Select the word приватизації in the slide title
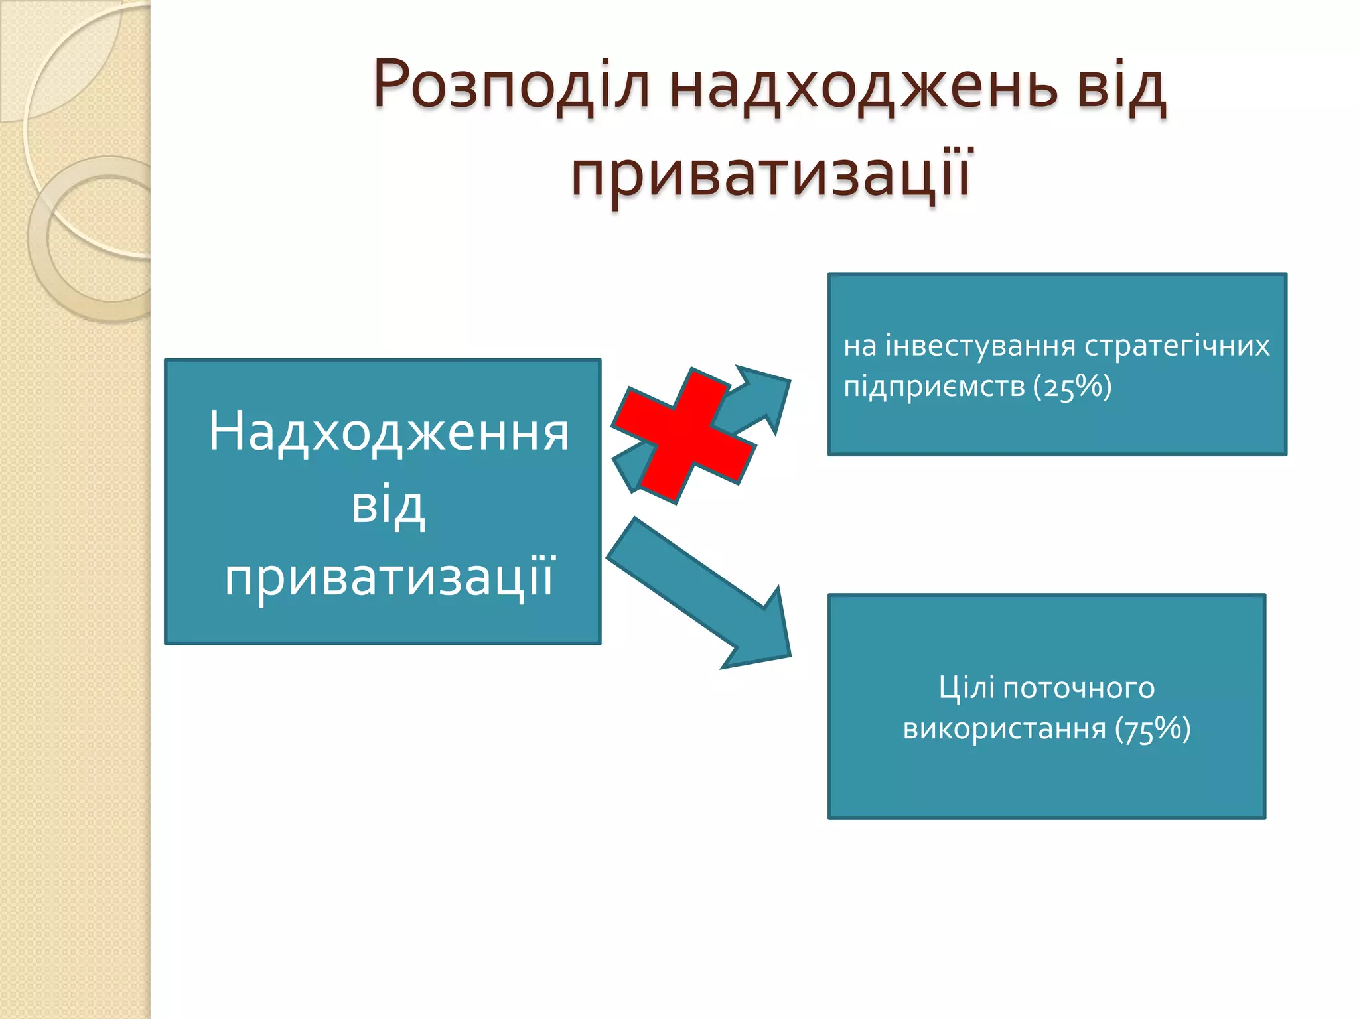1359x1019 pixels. click(x=771, y=174)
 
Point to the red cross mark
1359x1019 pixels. click(x=683, y=435)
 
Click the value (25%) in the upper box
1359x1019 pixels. click(x=1072, y=387)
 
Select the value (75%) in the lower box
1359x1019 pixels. click(x=1153, y=729)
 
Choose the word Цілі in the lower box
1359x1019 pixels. click(x=966, y=688)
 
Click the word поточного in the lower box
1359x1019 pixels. click(x=1079, y=688)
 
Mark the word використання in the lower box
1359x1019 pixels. click(x=1005, y=729)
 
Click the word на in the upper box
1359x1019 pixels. click(x=860, y=346)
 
